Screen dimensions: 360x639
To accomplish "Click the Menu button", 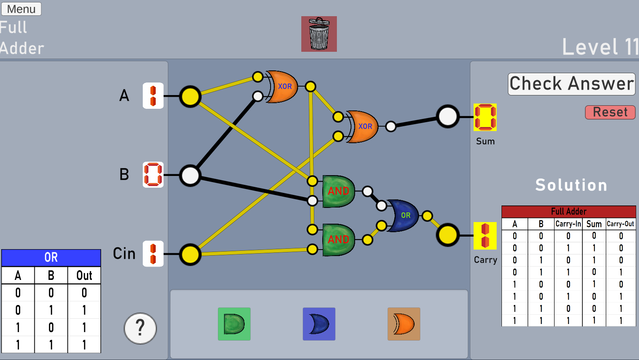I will point(21,9).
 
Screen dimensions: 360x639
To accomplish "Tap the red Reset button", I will point(610,112).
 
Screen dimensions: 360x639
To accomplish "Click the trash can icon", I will point(319,34).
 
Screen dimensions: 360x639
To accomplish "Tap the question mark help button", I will point(140,328).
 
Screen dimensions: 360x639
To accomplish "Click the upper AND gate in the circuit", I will point(339,191).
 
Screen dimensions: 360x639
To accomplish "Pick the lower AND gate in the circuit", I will point(339,239).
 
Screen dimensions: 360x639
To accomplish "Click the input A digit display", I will point(153,96).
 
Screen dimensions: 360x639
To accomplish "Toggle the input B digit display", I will point(153,175).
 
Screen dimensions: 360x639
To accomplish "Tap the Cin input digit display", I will point(153,254).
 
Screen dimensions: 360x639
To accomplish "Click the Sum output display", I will point(485,117).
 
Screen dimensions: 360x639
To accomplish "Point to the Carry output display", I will point(485,236).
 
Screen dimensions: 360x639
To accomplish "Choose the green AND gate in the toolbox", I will point(234,324).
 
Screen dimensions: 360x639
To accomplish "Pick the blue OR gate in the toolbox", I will point(319,324).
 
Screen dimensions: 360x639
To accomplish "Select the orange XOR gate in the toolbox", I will point(404,324).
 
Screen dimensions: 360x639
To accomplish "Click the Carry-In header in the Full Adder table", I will point(568,224).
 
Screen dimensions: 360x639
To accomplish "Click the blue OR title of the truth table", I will point(51,257).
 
